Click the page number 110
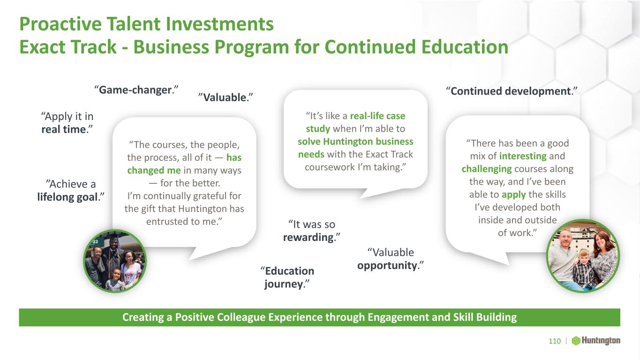555,341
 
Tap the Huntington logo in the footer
596,341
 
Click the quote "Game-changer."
136,90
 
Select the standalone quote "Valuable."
226,97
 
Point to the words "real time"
63,129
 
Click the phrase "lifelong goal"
68,197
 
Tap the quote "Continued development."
512,91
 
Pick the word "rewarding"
309,238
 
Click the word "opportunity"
387,265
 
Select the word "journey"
283,284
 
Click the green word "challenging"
487,169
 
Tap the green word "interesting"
523,156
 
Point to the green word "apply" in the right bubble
514,195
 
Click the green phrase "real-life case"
377,116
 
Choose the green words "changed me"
154,170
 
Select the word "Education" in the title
465,47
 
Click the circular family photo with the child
583,256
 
